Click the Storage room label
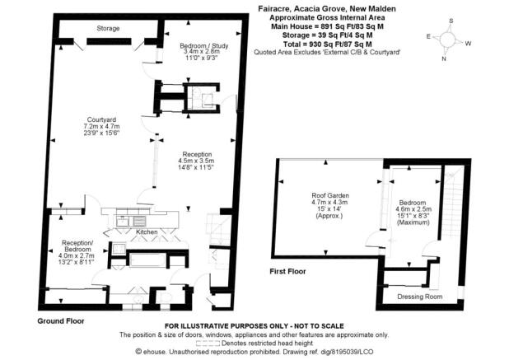pos(108,29)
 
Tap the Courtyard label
pos(101,120)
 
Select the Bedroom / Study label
pos(204,46)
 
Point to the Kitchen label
pos(147,231)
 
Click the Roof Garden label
pos(330,195)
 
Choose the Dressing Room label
pos(420,297)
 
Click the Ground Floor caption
pos(61,321)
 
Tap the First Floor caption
pos(287,271)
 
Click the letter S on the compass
pos(451,21)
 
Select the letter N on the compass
pos(443,58)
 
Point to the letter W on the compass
pos(468,44)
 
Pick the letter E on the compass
pos(428,36)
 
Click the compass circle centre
pos(448,40)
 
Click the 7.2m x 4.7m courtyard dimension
pos(101,127)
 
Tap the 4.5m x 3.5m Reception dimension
pos(196,161)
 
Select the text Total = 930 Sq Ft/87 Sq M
pos(327,44)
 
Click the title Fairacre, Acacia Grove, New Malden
pos(327,9)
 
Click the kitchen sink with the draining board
pos(132,221)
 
